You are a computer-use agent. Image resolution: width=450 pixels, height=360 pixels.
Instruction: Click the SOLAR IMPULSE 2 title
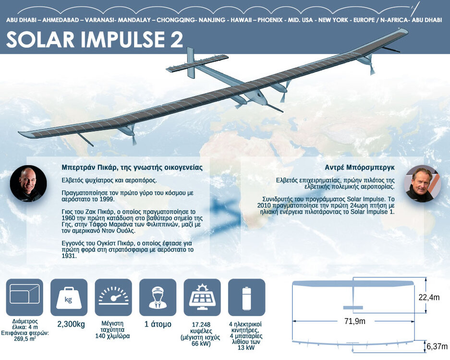95,39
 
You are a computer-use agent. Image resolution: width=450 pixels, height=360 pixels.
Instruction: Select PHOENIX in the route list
270,20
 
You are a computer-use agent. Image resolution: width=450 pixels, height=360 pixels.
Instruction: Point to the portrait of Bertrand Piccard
28,183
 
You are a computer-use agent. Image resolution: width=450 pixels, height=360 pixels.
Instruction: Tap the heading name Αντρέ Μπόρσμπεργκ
360,168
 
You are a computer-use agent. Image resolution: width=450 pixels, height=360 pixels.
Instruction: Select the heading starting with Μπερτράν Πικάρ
132,168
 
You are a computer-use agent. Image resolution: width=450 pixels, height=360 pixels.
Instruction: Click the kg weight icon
69,297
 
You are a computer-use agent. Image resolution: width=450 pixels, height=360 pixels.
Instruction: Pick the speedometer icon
113,297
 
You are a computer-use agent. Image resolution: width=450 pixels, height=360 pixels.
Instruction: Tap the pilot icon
158,297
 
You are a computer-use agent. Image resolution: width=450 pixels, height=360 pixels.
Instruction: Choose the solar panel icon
202,297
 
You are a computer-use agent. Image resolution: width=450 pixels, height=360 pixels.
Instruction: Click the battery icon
246,297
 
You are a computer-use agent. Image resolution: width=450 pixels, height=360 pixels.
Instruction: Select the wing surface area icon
24,297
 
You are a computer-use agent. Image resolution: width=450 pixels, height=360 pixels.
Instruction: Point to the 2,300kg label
71,324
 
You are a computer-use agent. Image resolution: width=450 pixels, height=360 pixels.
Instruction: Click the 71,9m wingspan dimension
355,321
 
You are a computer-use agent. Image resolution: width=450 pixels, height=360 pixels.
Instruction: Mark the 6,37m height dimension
437,347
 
